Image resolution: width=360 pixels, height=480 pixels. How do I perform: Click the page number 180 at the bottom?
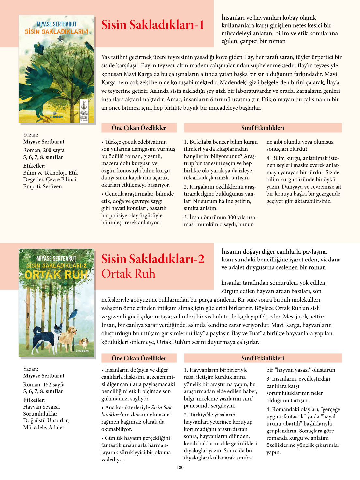tap(180, 467)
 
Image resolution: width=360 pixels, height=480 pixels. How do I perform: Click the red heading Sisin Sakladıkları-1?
tap(152, 25)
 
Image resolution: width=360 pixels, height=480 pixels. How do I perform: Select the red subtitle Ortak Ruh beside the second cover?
tap(128, 274)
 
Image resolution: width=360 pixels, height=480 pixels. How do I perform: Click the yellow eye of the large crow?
tap(59, 92)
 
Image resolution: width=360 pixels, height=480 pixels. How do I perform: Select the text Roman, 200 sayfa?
tap(44, 150)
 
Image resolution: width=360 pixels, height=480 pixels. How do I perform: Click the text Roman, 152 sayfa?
tap(44, 384)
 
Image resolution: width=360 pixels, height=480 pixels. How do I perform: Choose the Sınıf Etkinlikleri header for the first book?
tap(263, 128)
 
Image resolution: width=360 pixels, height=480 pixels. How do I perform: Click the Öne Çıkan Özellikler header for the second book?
tap(139, 358)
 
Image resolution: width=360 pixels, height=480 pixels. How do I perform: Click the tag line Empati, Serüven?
tap(42, 186)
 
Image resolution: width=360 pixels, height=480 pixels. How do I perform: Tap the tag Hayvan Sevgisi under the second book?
tap(42, 407)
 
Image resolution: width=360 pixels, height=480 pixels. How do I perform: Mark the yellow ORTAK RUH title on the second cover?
tap(56, 275)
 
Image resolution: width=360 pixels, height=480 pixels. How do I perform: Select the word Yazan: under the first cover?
tap(31, 134)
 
